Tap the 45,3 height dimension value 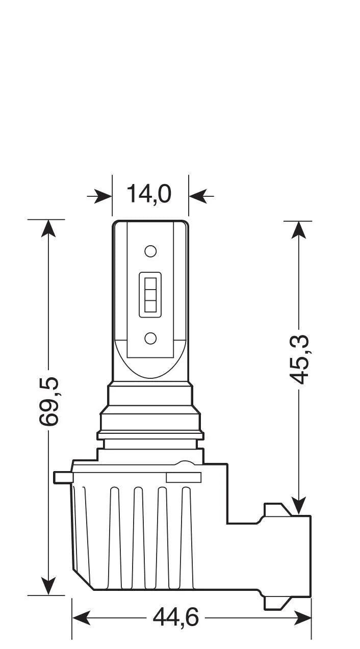tap(300, 360)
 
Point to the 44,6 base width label tap(175, 618)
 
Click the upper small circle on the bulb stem tap(150, 251)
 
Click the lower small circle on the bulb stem tap(150, 338)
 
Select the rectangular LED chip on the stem tap(150, 295)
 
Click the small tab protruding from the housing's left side tap(62, 477)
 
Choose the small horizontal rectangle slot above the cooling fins tap(184, 478)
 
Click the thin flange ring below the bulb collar tap(150, 435)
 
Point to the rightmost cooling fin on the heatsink tap(187, 535)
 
